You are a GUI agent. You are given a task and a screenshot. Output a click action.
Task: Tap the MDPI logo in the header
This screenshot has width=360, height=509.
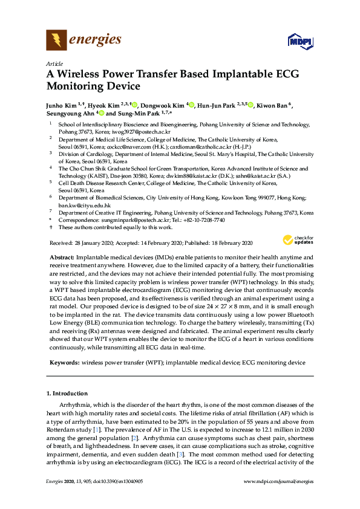coord(298,41)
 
